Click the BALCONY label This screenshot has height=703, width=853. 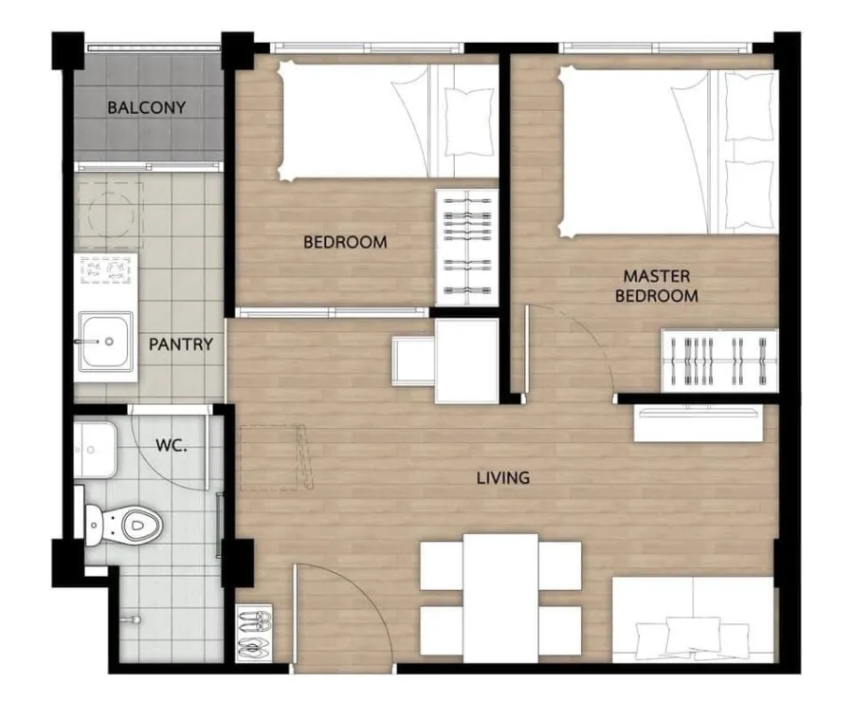click(x=146, y=107)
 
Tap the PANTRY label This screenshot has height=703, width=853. click(x=181, y=344)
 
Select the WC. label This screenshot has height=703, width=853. click(x=172, y=446)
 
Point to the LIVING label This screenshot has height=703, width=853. click(x=503, y=478)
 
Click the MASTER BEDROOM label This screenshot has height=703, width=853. click(x=657, y=286)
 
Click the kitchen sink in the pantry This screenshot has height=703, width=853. click(x=105, y=342)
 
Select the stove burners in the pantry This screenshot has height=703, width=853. click(x=106, y=270)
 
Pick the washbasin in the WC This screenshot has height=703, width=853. click(x=95, y=450)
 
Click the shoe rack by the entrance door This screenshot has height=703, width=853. click(x=254, y=633)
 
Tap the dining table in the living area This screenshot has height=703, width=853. click(x=500, y=598)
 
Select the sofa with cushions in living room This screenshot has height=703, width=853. click(x=693, y=620)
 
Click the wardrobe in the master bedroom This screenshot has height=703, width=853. click(x=719, y=360)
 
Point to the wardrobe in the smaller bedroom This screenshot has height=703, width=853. click(x=466, y=247)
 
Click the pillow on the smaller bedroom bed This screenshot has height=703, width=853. click(x=463, y=122)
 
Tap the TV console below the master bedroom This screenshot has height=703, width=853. click(x=699, y=423)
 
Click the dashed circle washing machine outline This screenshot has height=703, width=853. click(x=111, y=215)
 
